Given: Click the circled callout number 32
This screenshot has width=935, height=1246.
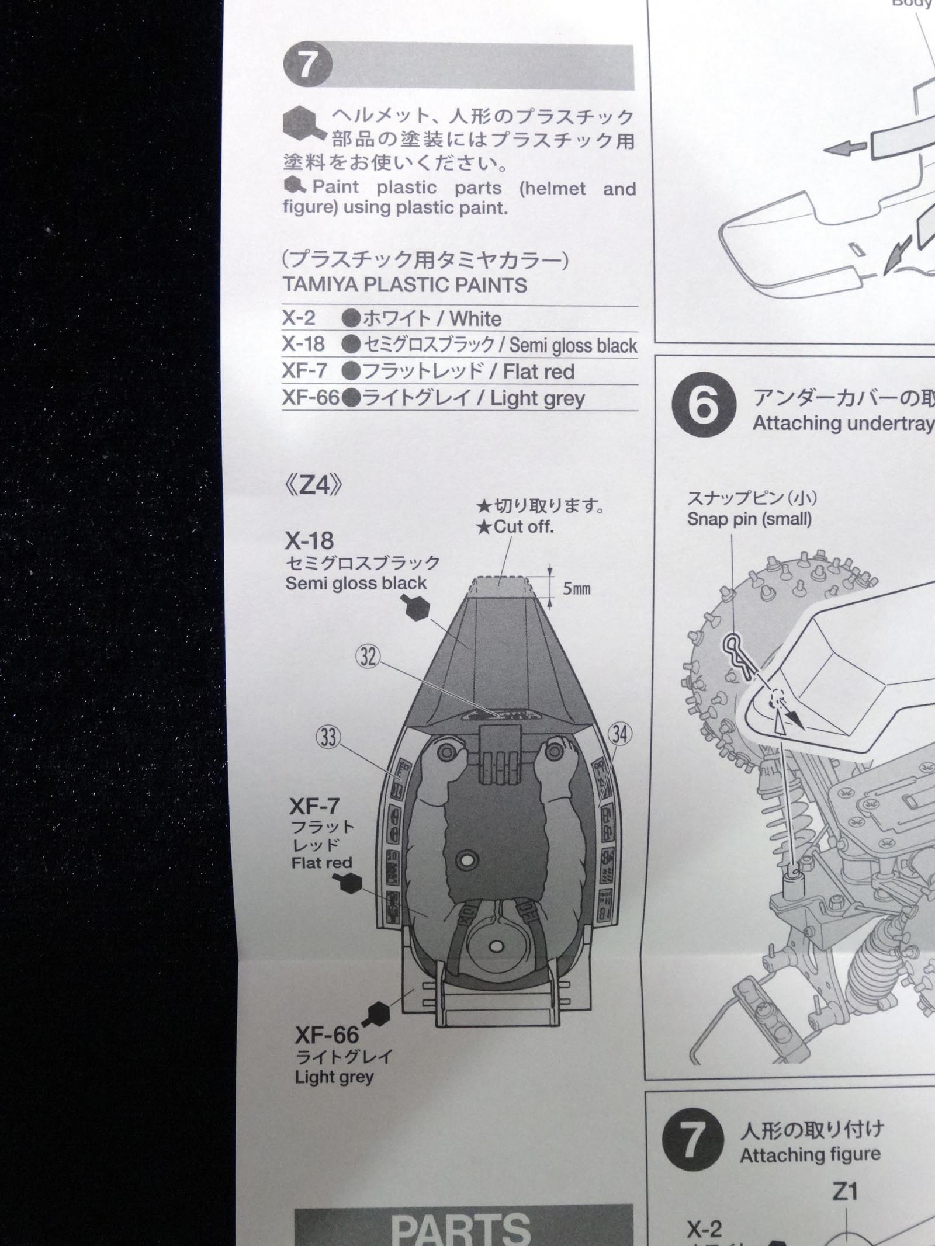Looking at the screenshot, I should pyautogui.click(x=368, y=657).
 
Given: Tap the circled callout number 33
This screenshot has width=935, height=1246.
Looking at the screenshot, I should pyautogui.click(x=328, y=737).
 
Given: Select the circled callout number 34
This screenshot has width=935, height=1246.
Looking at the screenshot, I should pyautogui.click(x=619, y=733).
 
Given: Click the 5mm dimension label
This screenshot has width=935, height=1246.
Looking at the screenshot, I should pyautogui.click(x=576, y=589).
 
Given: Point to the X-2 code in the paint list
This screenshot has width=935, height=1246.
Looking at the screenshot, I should pyautogui.click(x=299, y=318).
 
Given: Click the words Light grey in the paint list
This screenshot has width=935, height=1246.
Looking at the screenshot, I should pyautogui.click(x=537, y=398).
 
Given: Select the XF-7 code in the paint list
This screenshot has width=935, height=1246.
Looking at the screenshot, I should pyautogui.click(x=304, y=371).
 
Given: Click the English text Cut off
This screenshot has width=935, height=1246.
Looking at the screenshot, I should pyautogui.click(x=523, y=527).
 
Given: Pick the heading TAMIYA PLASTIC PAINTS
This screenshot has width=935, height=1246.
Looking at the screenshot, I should pyautogui.click(x=404, y=285).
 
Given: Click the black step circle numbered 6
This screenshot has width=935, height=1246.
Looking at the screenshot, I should pyautogui.click(x=703, y=405).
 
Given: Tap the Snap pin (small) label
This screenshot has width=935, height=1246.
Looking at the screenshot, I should pyautogui.click(x=749, y=519).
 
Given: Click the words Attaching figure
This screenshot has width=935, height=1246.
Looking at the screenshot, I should pyautogui.click(x=810, y=1154).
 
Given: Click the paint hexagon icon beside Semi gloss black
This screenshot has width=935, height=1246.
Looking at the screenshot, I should pyautogui.click(x=417, y=609).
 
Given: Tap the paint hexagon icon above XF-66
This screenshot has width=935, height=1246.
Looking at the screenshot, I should pyautogui.click(x=378, y=1014).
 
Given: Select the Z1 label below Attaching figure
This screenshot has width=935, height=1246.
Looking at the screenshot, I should pyautogui.click(x=845, y=1192).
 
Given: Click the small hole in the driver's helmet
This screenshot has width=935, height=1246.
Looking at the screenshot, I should pyautogui.click(x=496, y=946).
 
